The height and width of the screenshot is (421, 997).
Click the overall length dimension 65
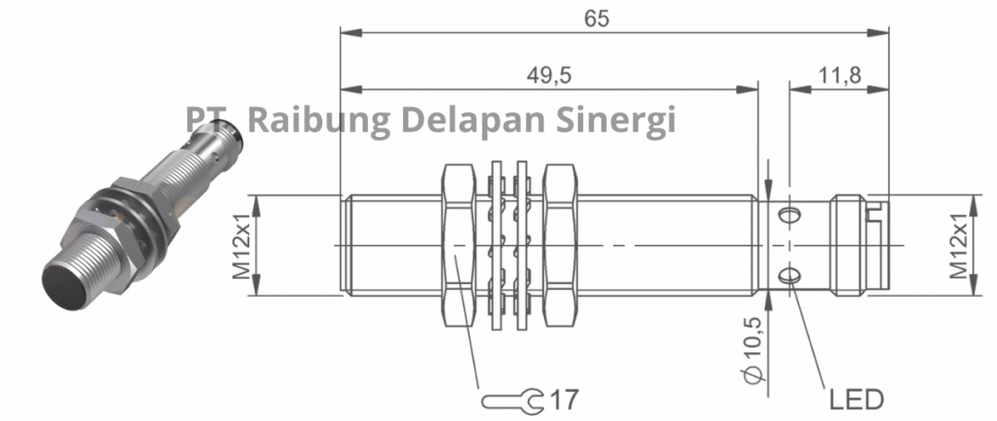tap(616, 18)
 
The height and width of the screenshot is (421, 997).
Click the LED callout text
tap(855, 399)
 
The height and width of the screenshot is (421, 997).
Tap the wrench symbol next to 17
tap(512, 399)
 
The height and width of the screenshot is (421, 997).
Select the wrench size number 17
tap(564, 399)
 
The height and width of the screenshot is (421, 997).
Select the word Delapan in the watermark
tap(471, 120)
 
